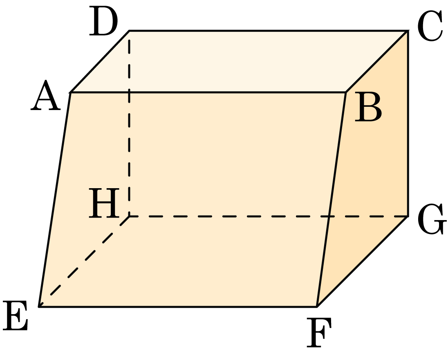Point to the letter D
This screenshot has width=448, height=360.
click(103, 21)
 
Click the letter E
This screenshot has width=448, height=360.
click(16, 316)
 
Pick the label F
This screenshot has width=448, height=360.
click(319, 333)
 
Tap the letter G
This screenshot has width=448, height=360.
click(432, 219)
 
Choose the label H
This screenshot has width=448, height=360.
click(104, 203)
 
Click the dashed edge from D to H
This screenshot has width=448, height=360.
click(129, 123)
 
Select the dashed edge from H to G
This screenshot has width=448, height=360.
click(268, 216)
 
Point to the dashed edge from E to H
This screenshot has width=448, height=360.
click(84, 261)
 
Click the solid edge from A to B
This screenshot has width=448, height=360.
click(208, 92)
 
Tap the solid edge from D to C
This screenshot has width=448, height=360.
click(268, 30)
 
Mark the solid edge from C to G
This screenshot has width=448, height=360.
click(408, 123)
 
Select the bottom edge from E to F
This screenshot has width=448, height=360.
click(178, 306)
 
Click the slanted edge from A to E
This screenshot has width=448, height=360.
click(54, 199)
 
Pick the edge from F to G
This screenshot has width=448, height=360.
click(362, 261)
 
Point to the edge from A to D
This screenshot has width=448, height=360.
click(99, 61)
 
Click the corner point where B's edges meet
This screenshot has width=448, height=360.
click(346, 92)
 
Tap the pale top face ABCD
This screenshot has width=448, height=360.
click(239, 61)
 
